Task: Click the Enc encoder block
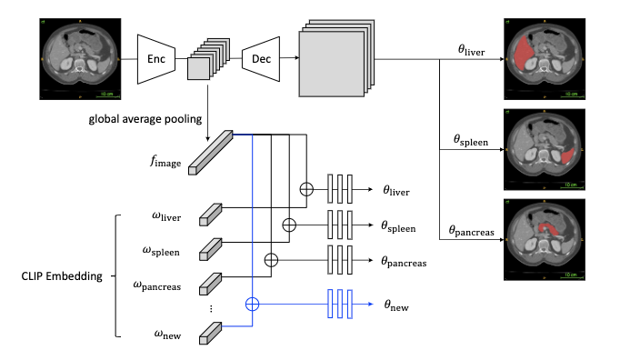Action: (156, 59)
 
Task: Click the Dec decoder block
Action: (261, 59)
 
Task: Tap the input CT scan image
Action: (80, 58)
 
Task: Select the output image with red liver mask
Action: (545, 58)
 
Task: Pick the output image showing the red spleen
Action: (545, 149)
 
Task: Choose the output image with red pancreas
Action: (545, 240)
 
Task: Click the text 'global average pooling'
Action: (145, 119)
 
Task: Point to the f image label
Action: (165, 162)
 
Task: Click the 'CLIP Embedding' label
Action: (62, 275)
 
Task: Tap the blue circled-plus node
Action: (252, 305)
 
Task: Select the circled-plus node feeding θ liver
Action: (306, 189)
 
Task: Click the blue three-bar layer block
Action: (340, 304)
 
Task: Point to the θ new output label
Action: (396, 305)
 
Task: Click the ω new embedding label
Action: (167, 335)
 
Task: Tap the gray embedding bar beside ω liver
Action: (210, 215)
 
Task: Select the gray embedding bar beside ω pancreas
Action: (210, 284)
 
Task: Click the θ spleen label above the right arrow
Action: (471, 140)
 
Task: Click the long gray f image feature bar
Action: (210, 153)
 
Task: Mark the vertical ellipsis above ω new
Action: (211, 308)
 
